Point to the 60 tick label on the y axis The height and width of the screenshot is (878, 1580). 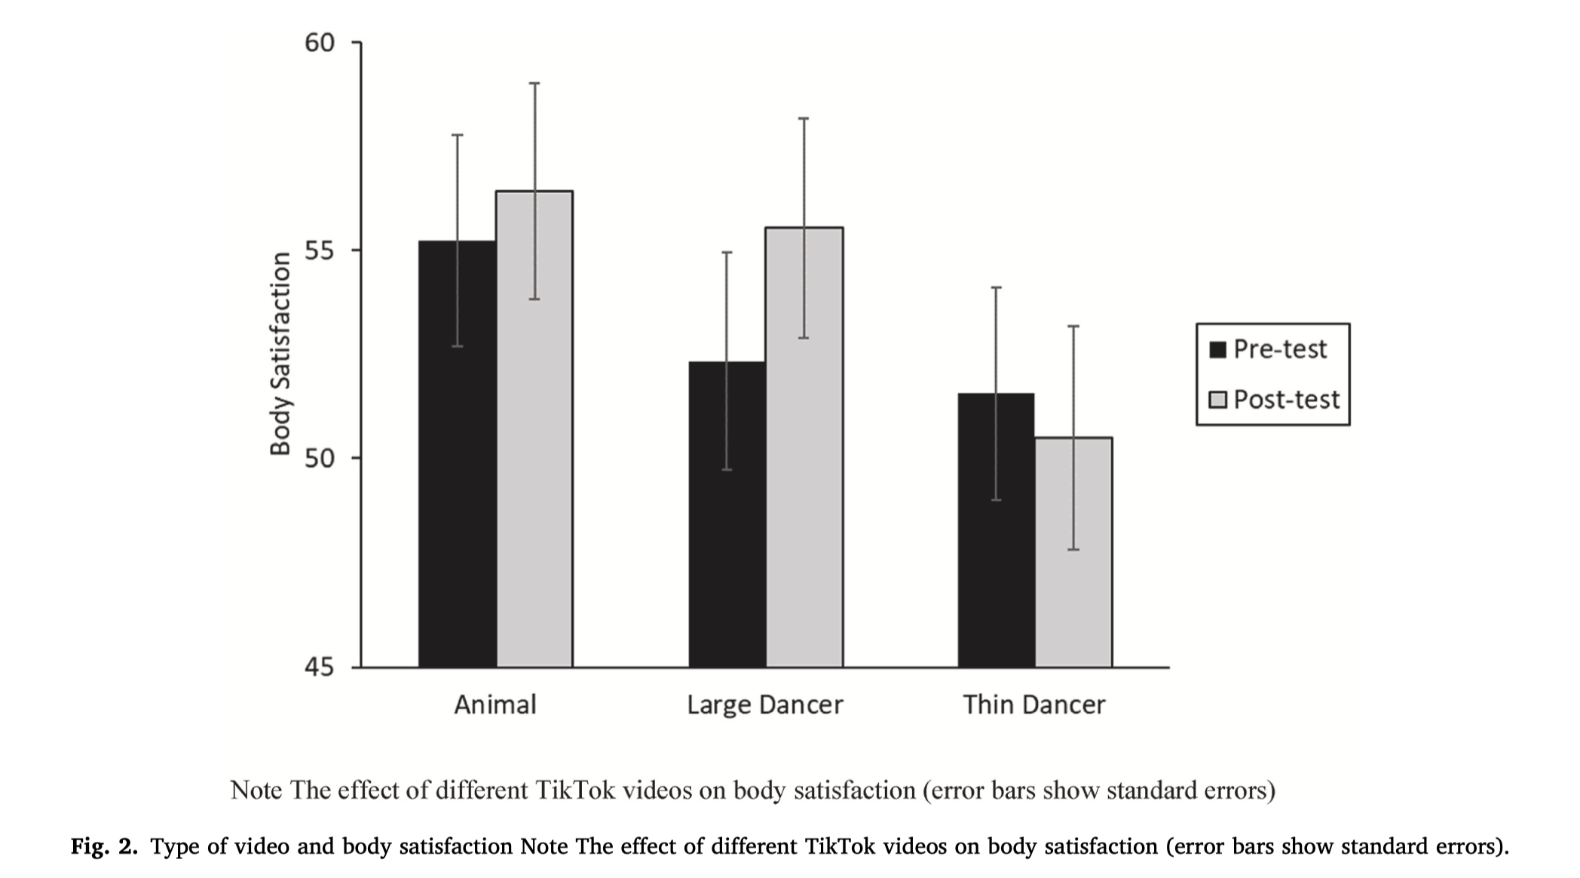319,43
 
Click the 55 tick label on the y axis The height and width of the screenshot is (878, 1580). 319,250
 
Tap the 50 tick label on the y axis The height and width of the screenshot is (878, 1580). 319,459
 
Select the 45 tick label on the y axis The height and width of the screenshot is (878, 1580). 319,667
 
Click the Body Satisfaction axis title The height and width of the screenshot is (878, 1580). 280,354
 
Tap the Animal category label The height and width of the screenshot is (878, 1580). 495,705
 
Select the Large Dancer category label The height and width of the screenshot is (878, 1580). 764,705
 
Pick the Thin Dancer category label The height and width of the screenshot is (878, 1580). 1033,705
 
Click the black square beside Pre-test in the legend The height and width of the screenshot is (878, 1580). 1217,349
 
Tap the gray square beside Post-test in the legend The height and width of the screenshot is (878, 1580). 1217,399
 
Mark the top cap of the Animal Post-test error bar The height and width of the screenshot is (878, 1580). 534,83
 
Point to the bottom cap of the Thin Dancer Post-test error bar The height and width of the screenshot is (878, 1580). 1073,549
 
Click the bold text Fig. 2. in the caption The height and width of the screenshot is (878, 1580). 104,846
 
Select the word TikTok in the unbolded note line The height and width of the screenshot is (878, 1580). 575,790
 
